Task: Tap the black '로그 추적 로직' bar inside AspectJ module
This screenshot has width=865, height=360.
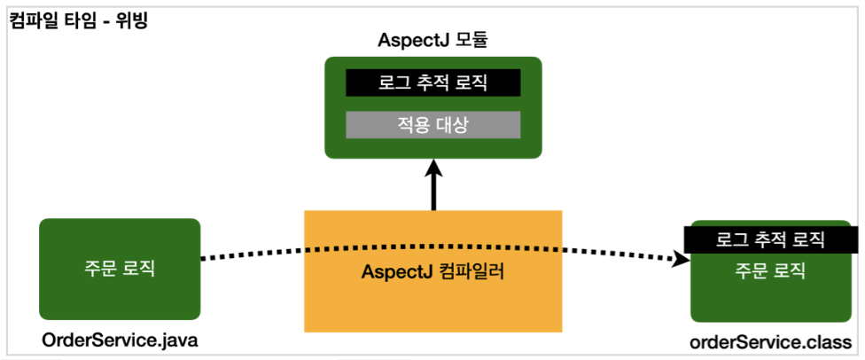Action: coord(433,82)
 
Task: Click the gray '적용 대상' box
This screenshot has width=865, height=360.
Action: coord(433,125)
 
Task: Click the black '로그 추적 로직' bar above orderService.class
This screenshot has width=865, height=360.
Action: coord(770,239)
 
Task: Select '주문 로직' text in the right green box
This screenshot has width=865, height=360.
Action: coord(770,270)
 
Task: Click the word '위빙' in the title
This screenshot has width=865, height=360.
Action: coord(132,20)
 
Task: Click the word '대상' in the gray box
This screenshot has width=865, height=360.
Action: coord(451,125)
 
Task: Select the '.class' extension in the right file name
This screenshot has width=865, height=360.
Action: coord(828,342)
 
